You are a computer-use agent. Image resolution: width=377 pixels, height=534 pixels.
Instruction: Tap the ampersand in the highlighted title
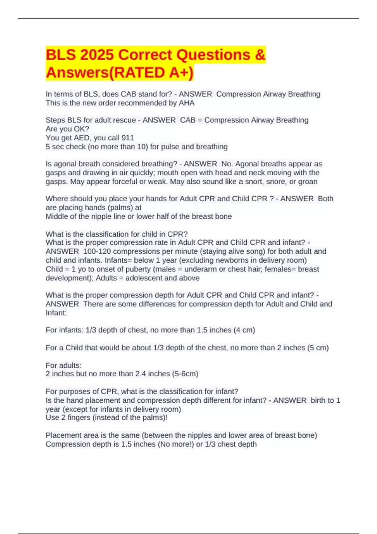(260, 55)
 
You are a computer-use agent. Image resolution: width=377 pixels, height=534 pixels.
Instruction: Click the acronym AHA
(187, 103)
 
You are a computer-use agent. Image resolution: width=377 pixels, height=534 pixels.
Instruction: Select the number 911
(128, 138)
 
